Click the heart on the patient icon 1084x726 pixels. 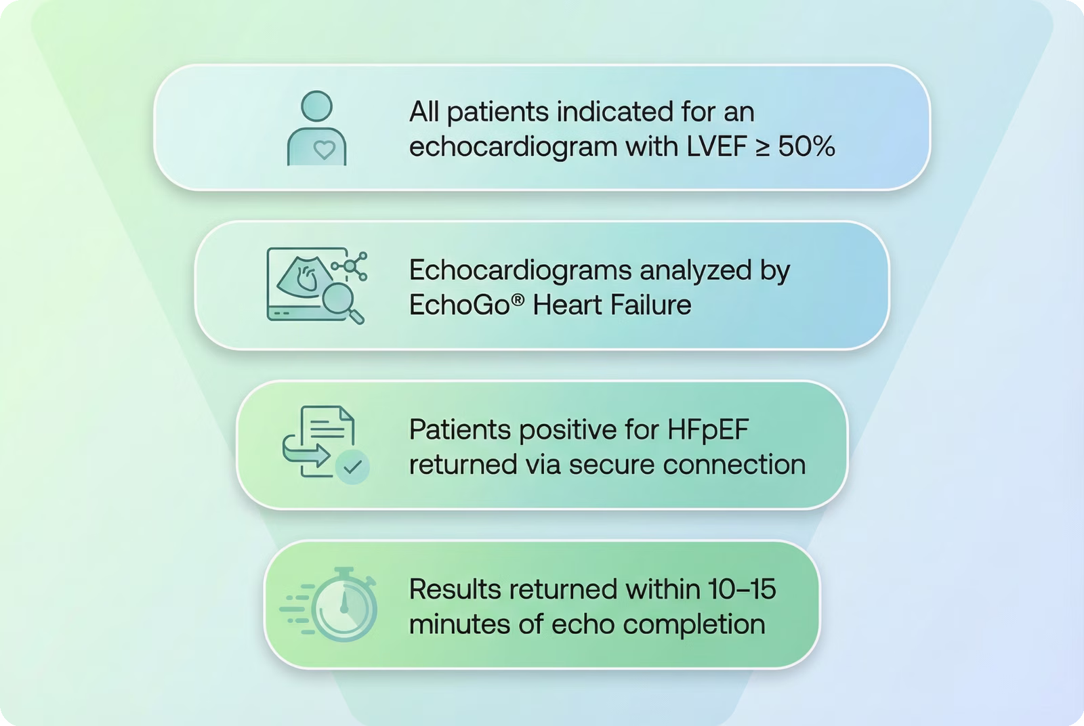[325, 150]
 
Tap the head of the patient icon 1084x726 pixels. [316, 106]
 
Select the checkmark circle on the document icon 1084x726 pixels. [352, 467]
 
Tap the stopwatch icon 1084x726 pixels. [329, 605]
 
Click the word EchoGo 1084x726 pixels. [460, 305]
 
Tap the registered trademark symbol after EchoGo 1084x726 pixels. [518, 300]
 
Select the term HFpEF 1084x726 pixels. [708, 429]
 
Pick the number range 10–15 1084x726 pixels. [742, 589]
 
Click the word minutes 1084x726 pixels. [460, 624]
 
